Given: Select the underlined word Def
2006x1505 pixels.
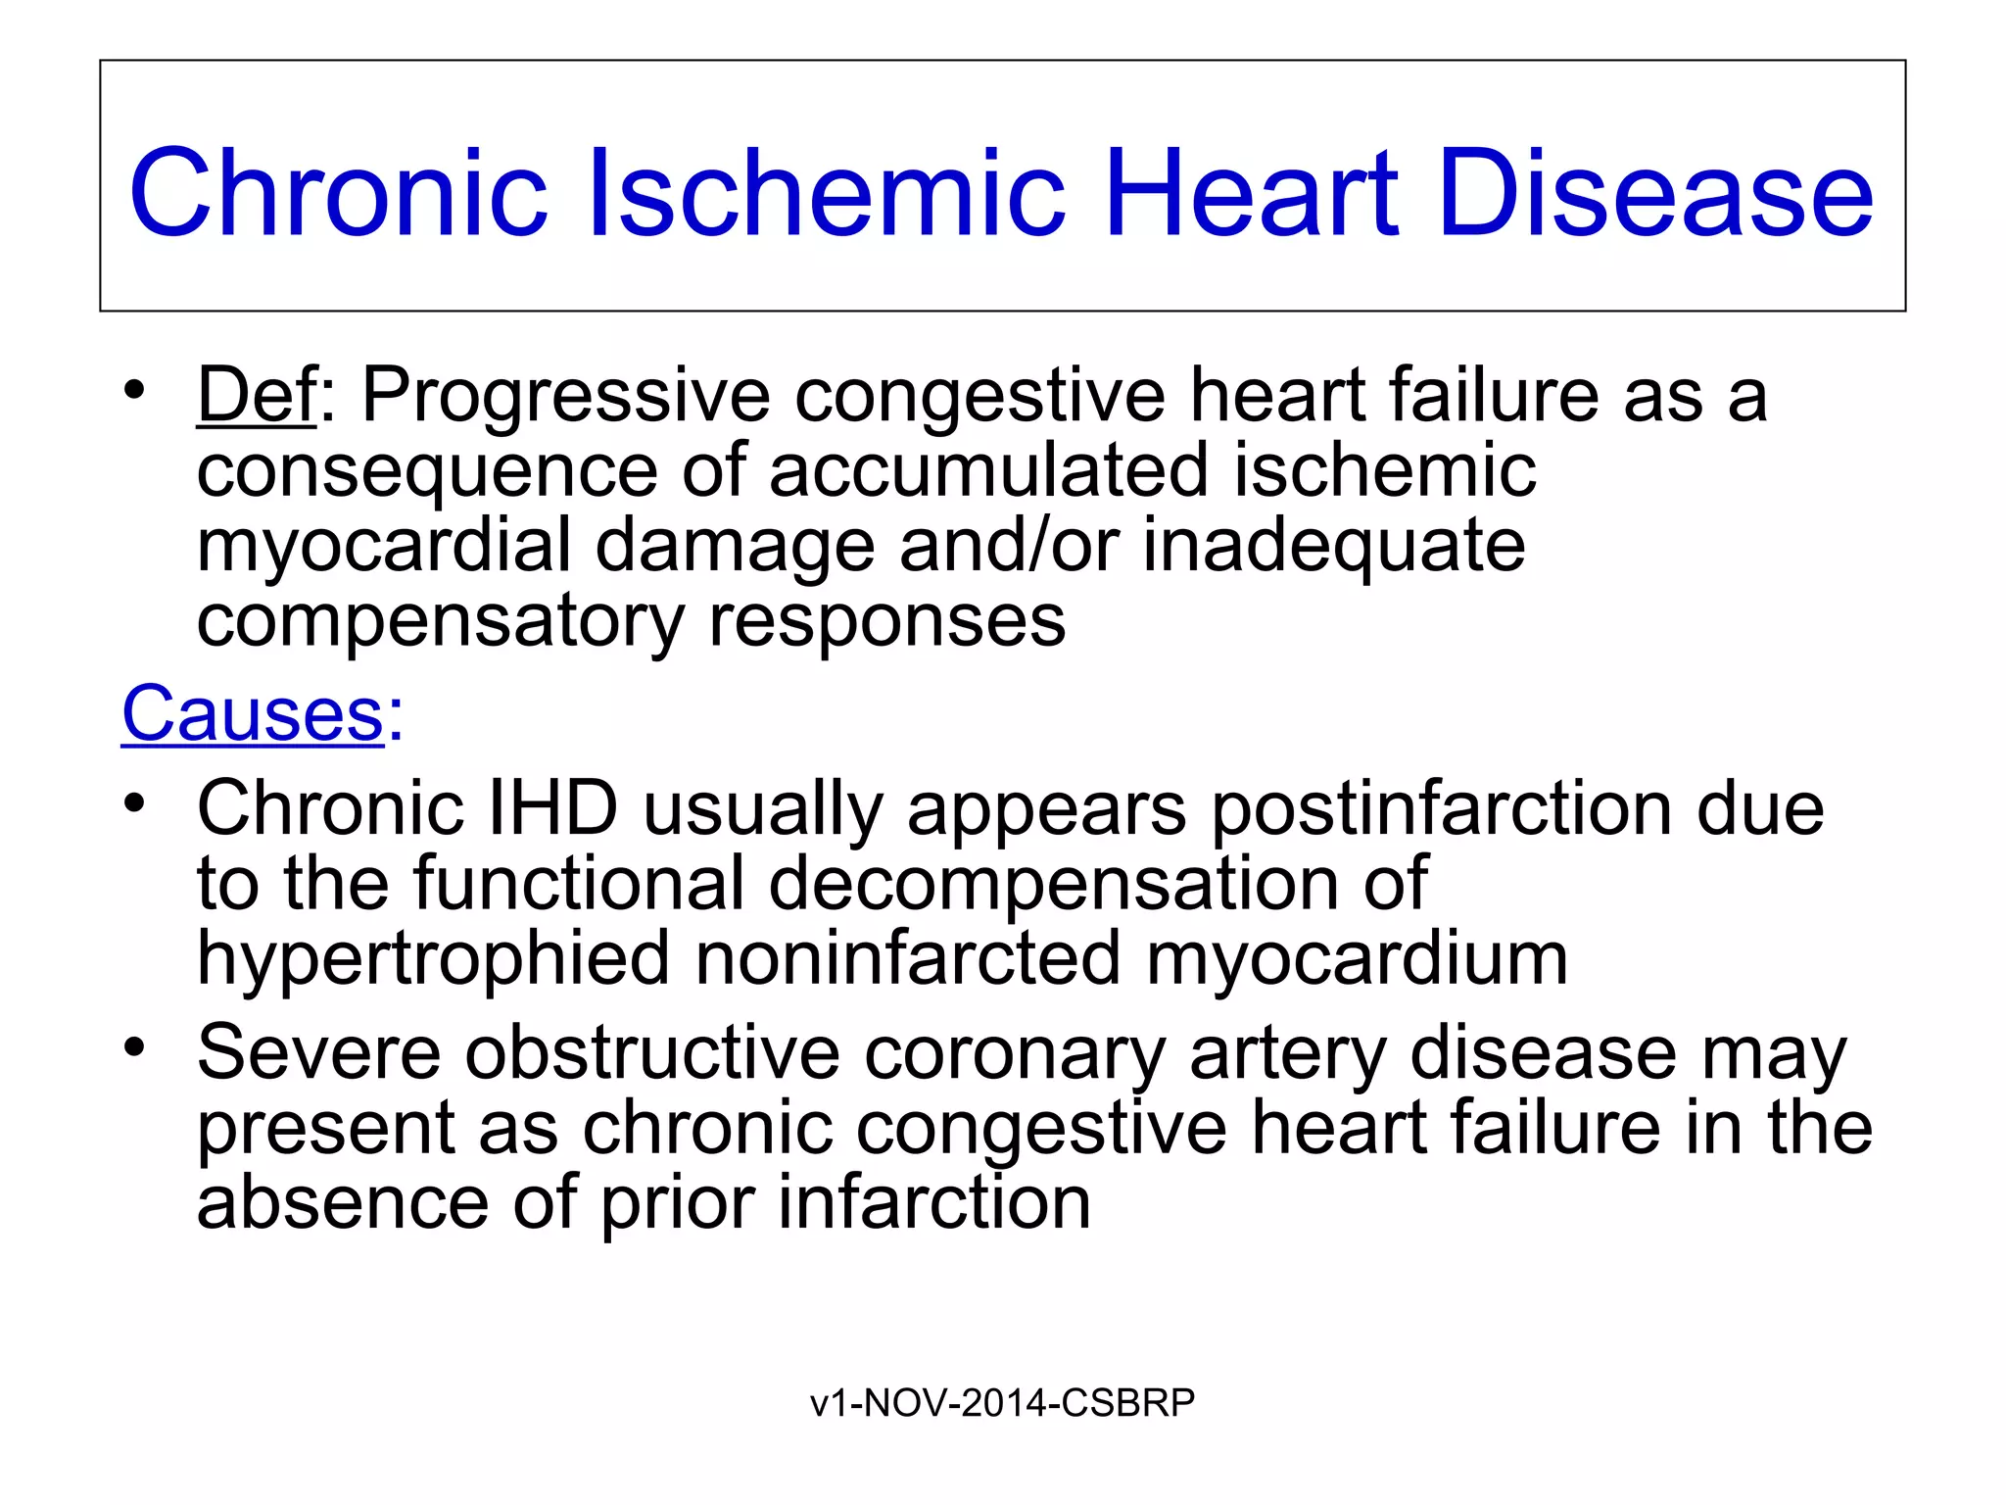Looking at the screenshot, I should click(x=257, y=395).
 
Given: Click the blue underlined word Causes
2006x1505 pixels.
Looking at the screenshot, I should click(x=253, y=713).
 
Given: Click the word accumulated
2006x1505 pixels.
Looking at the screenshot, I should click(x=988, y=470).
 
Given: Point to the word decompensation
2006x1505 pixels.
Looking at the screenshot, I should click(x=1053, y=884).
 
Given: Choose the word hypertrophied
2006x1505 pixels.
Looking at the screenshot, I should click(x=433, y=960).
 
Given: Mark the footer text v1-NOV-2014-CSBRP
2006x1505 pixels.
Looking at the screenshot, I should click(x=1002, y=1403).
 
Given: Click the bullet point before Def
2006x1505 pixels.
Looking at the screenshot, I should click(x=134, y=391).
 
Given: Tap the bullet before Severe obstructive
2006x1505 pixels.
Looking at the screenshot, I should click(x=134, y=1048).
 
